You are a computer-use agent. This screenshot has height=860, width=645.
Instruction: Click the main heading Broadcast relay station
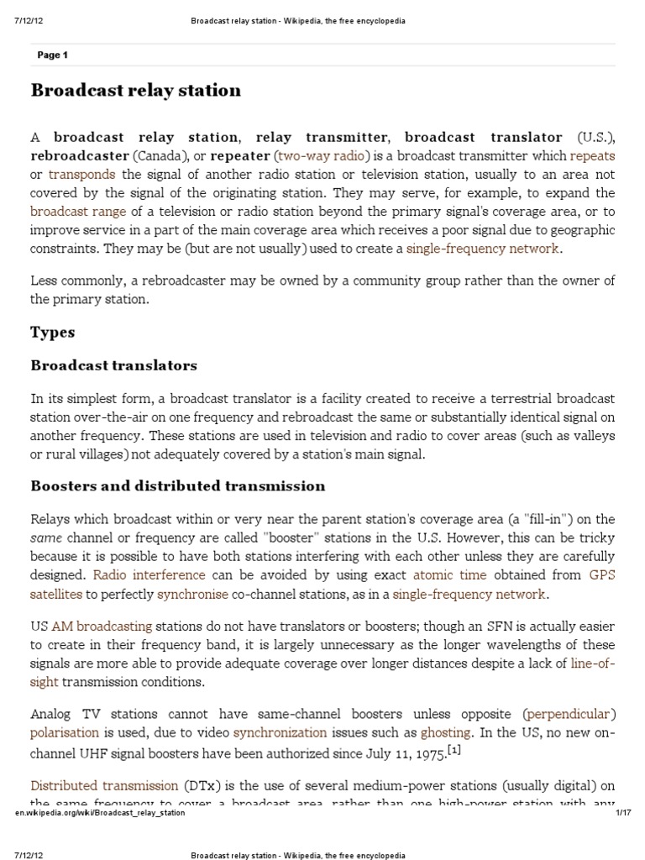[x=136, y=90]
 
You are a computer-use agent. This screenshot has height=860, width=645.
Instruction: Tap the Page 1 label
[x=53, y=55]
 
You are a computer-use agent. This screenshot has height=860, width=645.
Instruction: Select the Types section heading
[x=53, y=332]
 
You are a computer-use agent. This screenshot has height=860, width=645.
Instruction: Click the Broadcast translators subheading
[x=114, y=365]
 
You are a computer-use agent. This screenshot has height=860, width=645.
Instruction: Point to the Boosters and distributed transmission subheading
[x=177, y=486]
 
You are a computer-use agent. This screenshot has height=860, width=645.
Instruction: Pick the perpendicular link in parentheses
[x=567, y=715]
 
